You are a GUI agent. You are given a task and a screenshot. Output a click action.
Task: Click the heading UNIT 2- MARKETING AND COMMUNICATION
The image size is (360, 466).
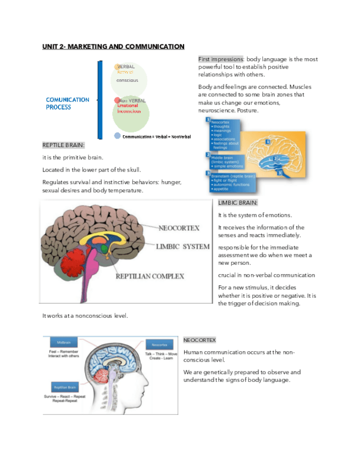click(113, 47)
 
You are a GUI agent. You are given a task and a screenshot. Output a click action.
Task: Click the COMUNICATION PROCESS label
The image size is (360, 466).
click(67, 103)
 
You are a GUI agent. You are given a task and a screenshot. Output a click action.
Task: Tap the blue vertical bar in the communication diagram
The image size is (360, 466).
click(100, 99)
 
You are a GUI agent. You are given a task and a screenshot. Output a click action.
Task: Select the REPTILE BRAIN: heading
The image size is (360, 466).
click(64, 145)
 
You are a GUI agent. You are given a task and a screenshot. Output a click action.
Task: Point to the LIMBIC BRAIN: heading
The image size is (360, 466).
click(237, 203)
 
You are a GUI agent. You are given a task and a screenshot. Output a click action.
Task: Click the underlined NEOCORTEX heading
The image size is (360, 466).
click(200, 341)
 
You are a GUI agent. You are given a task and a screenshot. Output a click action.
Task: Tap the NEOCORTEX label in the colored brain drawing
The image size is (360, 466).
click(179, 228)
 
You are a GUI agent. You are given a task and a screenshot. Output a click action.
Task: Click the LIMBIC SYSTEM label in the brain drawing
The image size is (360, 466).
click(182, 246)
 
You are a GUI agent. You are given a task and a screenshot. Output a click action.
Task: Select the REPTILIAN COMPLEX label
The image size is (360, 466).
click(149, 276)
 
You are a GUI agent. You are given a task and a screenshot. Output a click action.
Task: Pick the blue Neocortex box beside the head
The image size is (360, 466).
click(159, 343)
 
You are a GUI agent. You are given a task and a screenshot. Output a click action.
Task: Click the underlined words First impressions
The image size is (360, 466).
click(221, 59)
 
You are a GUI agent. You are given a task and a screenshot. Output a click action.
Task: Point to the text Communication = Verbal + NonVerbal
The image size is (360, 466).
click(157, 136)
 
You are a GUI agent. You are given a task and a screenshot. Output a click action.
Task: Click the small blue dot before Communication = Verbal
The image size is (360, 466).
click(117, 136)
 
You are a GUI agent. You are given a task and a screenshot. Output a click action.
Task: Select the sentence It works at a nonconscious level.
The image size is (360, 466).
click(85, 315)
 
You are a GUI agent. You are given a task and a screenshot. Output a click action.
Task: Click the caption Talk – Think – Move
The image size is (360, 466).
click(161, 354)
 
